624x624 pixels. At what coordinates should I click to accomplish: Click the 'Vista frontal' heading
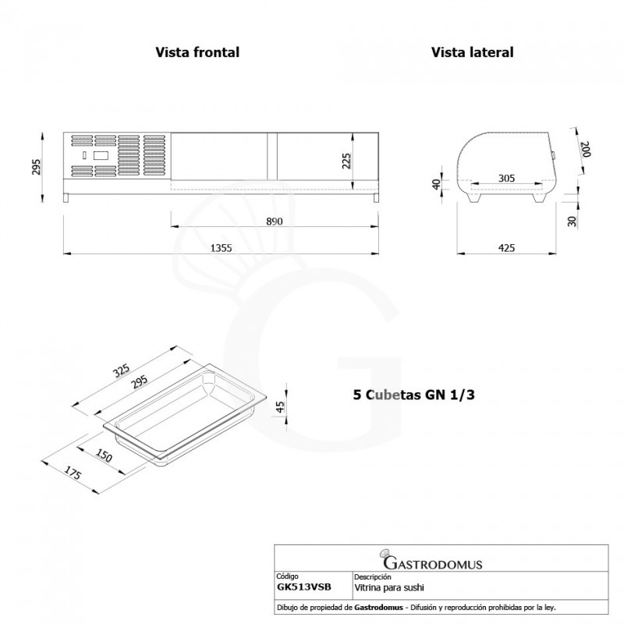[197, 52]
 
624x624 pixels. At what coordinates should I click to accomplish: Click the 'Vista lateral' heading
[471, 52]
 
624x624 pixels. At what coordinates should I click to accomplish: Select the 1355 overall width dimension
[222, 247]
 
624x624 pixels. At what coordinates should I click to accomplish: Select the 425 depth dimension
[506, 248]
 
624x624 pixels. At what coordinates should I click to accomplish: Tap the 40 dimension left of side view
[437, 185]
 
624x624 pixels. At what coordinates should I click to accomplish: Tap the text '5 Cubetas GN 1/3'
[414, 395]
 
